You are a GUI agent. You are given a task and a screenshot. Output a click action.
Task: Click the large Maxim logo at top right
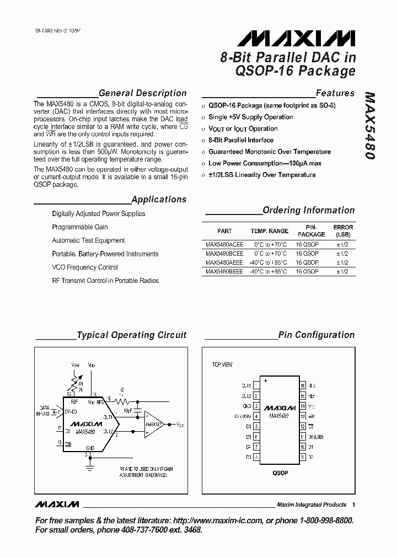point(296,38)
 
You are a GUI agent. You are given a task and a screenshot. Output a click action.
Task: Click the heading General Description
point(142,93)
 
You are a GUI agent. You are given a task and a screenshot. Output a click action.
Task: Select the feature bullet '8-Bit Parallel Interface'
point(240,140)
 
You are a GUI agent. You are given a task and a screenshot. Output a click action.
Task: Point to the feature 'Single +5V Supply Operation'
point(250,117)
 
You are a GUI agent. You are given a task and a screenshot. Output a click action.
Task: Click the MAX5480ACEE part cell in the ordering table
point(224,244)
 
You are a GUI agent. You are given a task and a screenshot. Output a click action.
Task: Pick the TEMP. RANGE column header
point(270,231)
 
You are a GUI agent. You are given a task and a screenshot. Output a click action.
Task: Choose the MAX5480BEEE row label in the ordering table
point(224,272)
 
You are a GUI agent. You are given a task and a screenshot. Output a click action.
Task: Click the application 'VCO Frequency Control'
point(85,267)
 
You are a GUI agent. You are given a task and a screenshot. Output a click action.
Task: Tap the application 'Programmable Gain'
point(80,227)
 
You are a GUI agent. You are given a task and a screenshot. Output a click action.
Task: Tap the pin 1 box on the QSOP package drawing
point(256,385)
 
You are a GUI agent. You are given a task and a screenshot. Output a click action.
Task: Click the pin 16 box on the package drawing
point(302,385)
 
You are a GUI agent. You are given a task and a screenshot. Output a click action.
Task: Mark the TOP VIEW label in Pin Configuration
point(223,365)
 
